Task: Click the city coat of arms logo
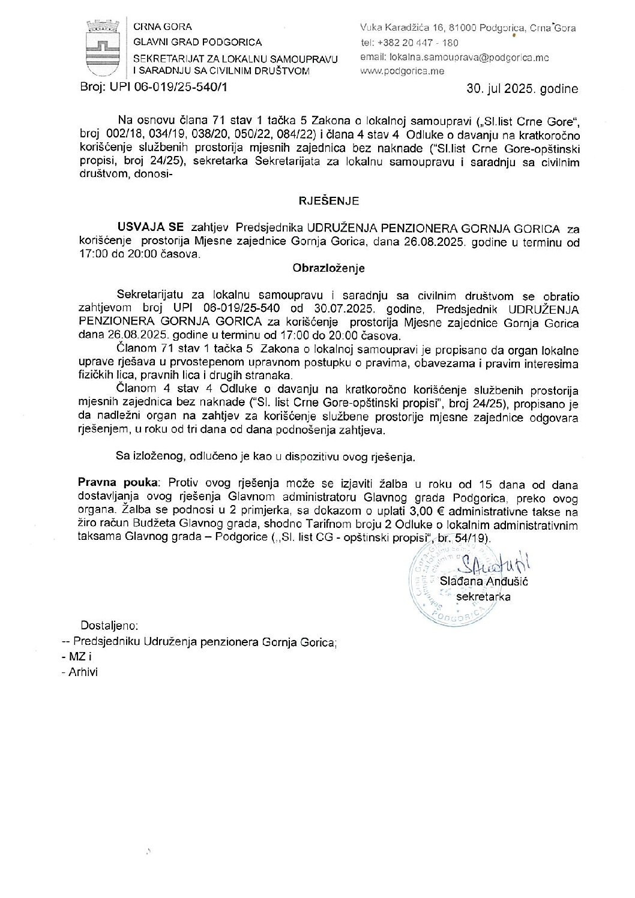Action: click(104, 46)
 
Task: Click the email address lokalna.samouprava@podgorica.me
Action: click(454, 58)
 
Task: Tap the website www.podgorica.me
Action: click(402, 71)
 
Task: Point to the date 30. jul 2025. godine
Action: click(522, 89)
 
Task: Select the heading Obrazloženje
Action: click(328, 268)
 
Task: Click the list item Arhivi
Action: click(80, 672)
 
